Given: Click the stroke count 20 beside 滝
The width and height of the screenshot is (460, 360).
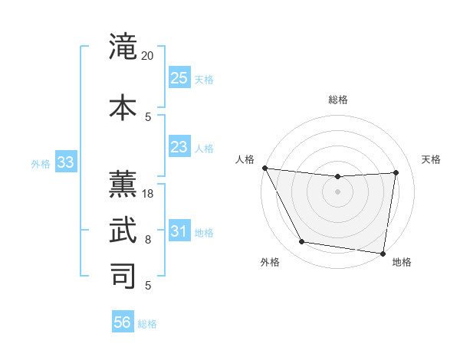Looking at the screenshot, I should tap(148, 56).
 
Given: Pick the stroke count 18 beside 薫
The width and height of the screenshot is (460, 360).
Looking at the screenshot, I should tap(149, 194).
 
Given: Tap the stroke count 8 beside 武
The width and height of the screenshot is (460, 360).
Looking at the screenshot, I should tap(149, 240).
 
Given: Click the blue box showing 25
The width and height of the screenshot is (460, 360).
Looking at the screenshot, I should tap(179, 78).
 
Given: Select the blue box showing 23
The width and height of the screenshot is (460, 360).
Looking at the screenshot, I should tap(179, 147).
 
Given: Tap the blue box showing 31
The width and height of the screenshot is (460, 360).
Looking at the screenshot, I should tap(179, 231).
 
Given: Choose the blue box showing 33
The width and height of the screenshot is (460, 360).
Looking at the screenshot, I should tap(65, 162).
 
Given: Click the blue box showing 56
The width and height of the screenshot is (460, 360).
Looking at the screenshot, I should tap(123, 322).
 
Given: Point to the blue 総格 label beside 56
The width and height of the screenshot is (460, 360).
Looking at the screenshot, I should tap(147, 324).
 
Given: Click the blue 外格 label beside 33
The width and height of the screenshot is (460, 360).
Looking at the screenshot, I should tap(41, 164).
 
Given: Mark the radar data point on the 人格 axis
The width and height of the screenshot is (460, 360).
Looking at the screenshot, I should tap(264, 168).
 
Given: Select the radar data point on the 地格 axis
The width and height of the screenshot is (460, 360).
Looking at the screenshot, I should tap(383, 253).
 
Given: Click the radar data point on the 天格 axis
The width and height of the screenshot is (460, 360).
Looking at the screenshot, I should tap(396, 172).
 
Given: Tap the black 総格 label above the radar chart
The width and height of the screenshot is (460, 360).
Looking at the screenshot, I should tap(337, 100).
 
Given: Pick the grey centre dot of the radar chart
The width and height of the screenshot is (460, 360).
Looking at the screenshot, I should tap(337, 191).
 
